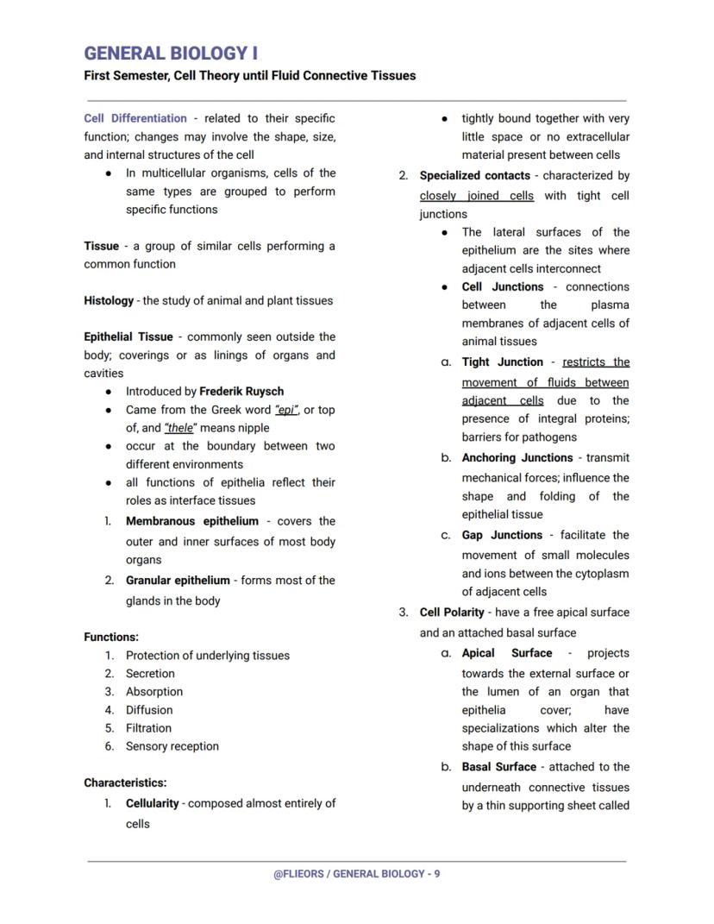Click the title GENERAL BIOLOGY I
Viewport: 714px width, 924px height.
[171, 53]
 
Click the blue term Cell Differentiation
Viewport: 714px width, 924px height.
[135, 118]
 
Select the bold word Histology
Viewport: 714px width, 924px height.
[109, 301]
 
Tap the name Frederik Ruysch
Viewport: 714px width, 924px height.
[241, 392]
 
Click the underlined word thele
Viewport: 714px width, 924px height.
[179, 428]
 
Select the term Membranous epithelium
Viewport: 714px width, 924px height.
[191, 521]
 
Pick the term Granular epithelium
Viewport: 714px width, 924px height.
[178, 581]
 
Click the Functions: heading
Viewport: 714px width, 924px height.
[111, 638]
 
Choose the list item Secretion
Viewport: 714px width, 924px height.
[150, 674]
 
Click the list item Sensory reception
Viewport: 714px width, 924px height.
[172, 746]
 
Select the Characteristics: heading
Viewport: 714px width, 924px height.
[125, 783]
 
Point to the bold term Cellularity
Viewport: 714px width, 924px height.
[152, 803]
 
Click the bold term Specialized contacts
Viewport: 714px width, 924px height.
[474, 176]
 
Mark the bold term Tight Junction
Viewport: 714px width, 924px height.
[502, 362]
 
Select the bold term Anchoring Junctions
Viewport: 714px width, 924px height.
[517, 458]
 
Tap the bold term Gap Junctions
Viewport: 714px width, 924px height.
[502, 535]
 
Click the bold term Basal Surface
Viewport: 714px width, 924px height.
[499, 767]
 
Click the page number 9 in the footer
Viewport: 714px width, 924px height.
[437, 874]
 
